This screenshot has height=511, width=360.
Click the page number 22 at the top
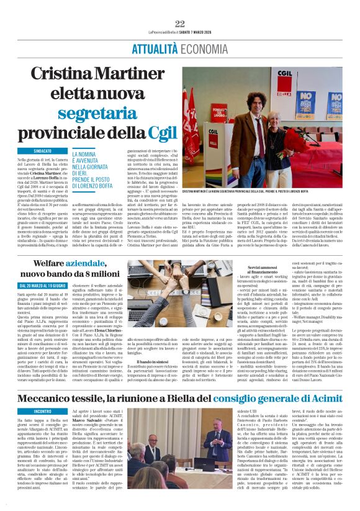tap(180, 24)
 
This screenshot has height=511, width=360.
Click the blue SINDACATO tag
tap(43, 151)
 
